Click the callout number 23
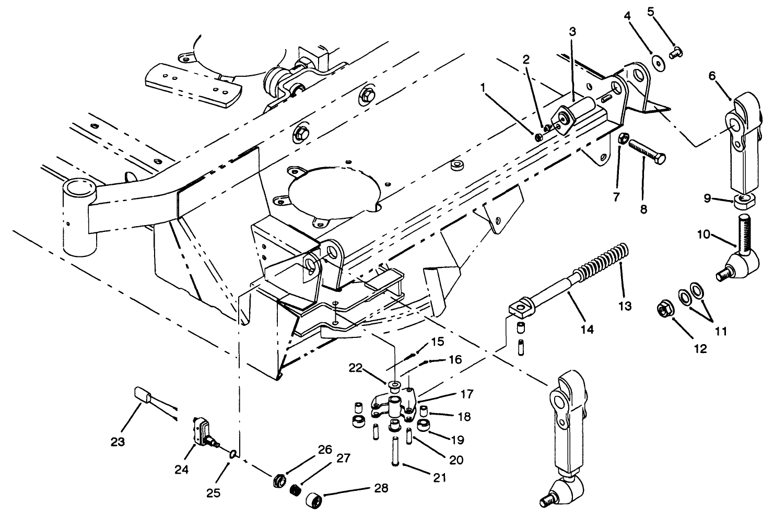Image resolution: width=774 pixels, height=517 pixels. click(118, 442)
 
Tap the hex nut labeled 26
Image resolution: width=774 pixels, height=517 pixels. click(279, 479)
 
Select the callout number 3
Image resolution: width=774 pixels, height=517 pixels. click(572, 32)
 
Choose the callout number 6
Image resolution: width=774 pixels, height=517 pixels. click(712, 76)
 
